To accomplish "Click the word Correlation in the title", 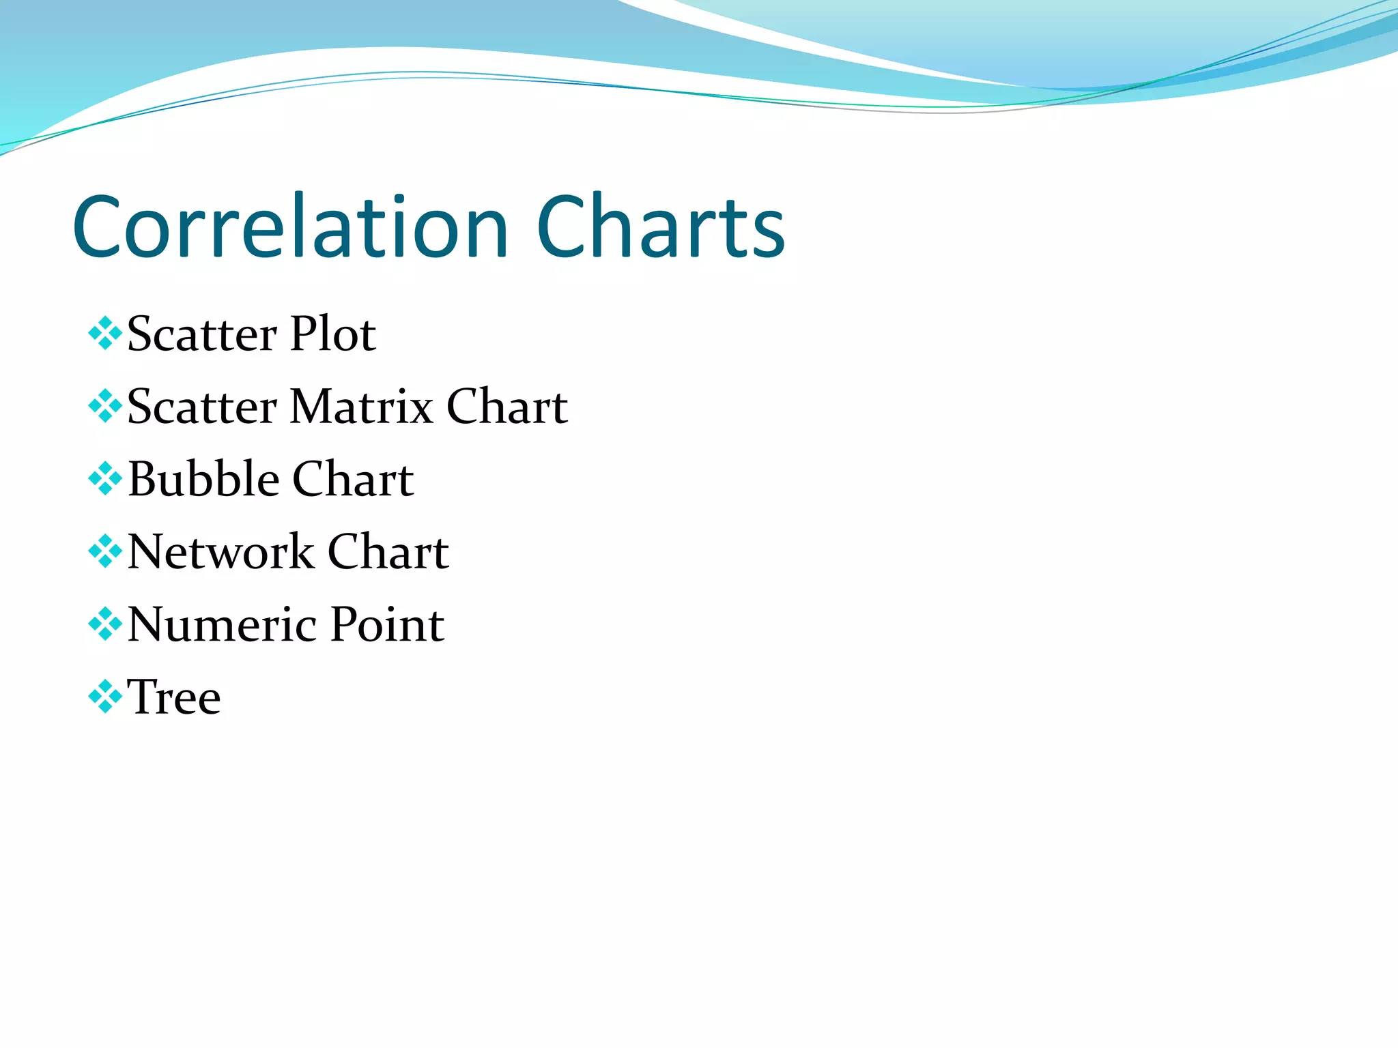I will [x=290, y=227].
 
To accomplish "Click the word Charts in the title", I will [x=660, y=227].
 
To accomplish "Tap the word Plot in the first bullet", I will [x=332, y=334].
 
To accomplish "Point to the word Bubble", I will [x=203, y=479].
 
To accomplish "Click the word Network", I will [x=220, y=551].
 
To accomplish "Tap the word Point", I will [x=387, y=624].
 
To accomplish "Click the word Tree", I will [x=174, y=697].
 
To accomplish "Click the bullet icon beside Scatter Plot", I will [x=105, y=334].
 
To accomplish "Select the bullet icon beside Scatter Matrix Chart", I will [x=105, y=406].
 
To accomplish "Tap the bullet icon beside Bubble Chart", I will [x=105, y=478].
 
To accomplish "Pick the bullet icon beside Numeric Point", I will [x=105, y=624].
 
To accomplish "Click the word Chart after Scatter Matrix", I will [x=507, y=407].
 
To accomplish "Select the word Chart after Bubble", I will [x=353, y=479].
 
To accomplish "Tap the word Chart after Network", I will [x=388, y=551].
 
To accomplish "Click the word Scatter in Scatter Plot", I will [x=202, y=334].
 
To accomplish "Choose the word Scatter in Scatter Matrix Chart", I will [x=202, y=407].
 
